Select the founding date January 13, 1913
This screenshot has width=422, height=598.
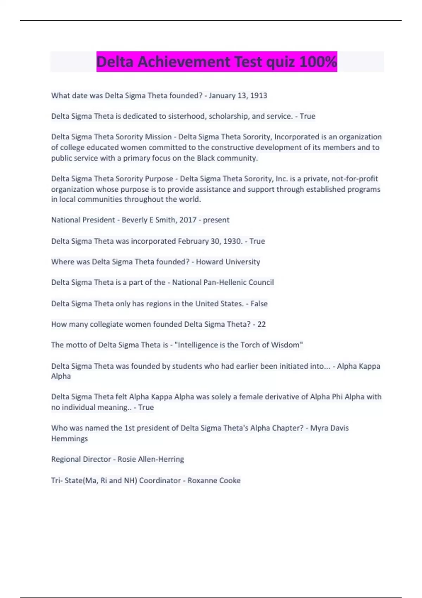(238, 96)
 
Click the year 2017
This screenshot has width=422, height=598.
(188, 220)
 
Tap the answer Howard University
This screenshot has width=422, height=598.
(228, 262)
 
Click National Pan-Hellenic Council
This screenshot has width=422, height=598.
(223, 282)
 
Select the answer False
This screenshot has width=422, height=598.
(259, 304)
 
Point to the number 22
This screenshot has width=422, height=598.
(261, 324)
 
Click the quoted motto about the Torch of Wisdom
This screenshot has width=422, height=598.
(238, 345)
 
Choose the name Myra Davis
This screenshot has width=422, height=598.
(329, 428)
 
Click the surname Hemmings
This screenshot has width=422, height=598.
(69, 439)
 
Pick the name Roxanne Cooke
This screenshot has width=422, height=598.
(214, 481)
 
